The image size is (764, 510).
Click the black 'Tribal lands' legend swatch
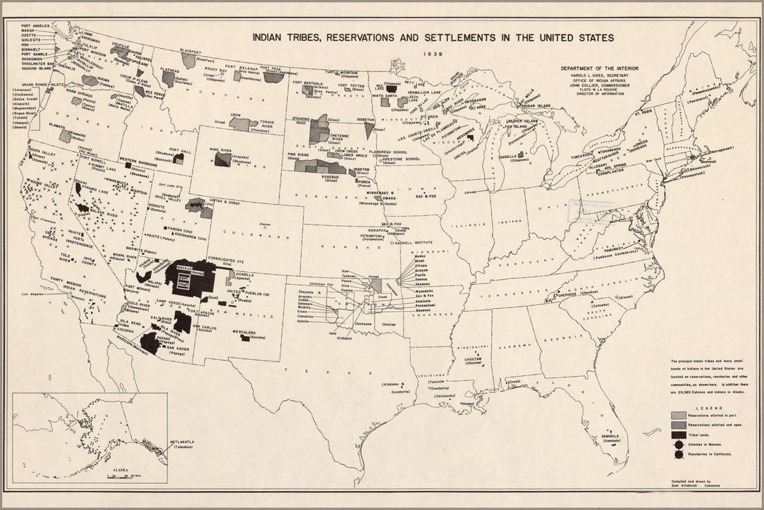(677, 433)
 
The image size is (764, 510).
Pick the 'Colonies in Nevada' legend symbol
(677, 443)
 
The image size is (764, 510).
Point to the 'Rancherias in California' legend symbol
(677, 454)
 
